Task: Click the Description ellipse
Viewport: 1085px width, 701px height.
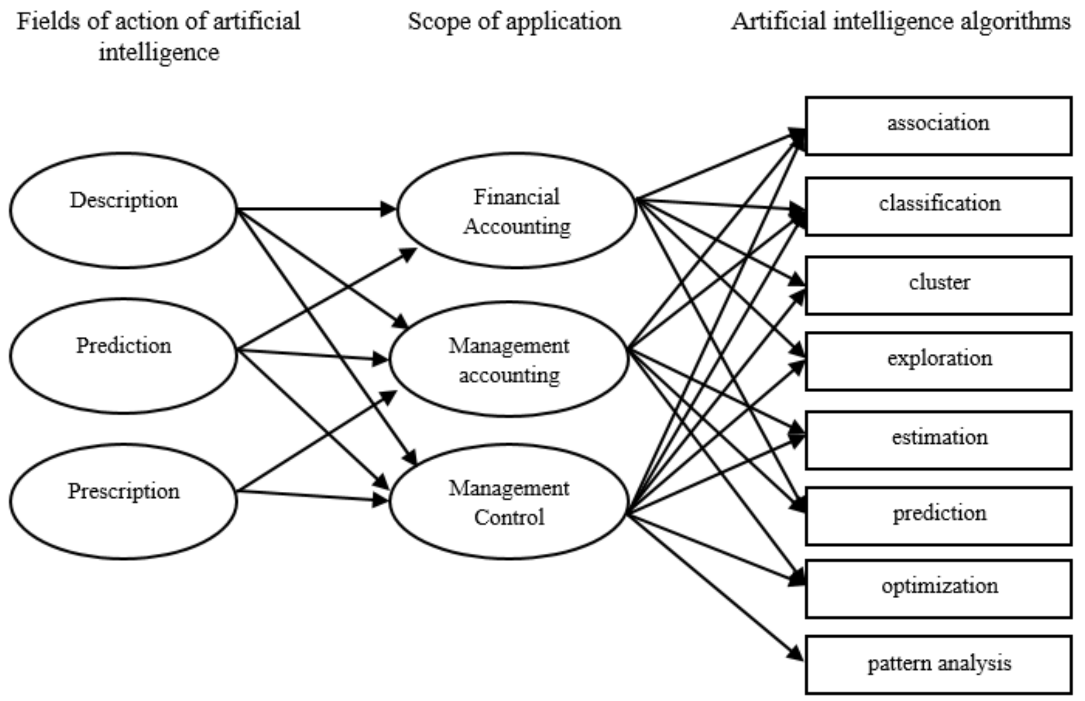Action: coord(123,210)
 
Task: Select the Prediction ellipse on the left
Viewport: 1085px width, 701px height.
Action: coord(123,355)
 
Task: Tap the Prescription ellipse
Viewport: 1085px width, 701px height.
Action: coord(123,501)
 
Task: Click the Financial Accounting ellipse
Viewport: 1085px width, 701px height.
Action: coord(516,210)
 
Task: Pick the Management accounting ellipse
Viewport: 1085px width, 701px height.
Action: coord(509,359)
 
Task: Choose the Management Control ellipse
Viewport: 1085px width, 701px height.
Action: coord(509,502)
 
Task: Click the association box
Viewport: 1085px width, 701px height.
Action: coord(938,126)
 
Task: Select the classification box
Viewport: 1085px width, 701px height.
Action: coord(938,207)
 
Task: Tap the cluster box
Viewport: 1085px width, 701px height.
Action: coord(938,285)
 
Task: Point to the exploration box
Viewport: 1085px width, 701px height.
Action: coord(938,361)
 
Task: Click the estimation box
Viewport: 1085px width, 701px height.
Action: coord(938,440)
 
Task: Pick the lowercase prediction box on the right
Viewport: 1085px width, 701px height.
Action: coord(938,516)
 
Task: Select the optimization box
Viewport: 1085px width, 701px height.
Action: coord(938,589)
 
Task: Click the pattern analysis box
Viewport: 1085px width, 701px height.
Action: coord(938,665)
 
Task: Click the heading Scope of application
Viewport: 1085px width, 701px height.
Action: coord(514,21)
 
